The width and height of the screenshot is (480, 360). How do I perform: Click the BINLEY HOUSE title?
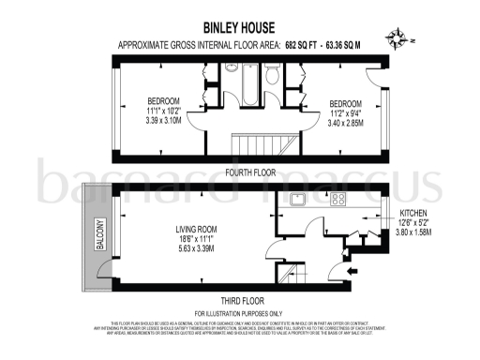[239, 28]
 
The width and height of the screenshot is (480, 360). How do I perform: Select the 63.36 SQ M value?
[345, 44]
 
